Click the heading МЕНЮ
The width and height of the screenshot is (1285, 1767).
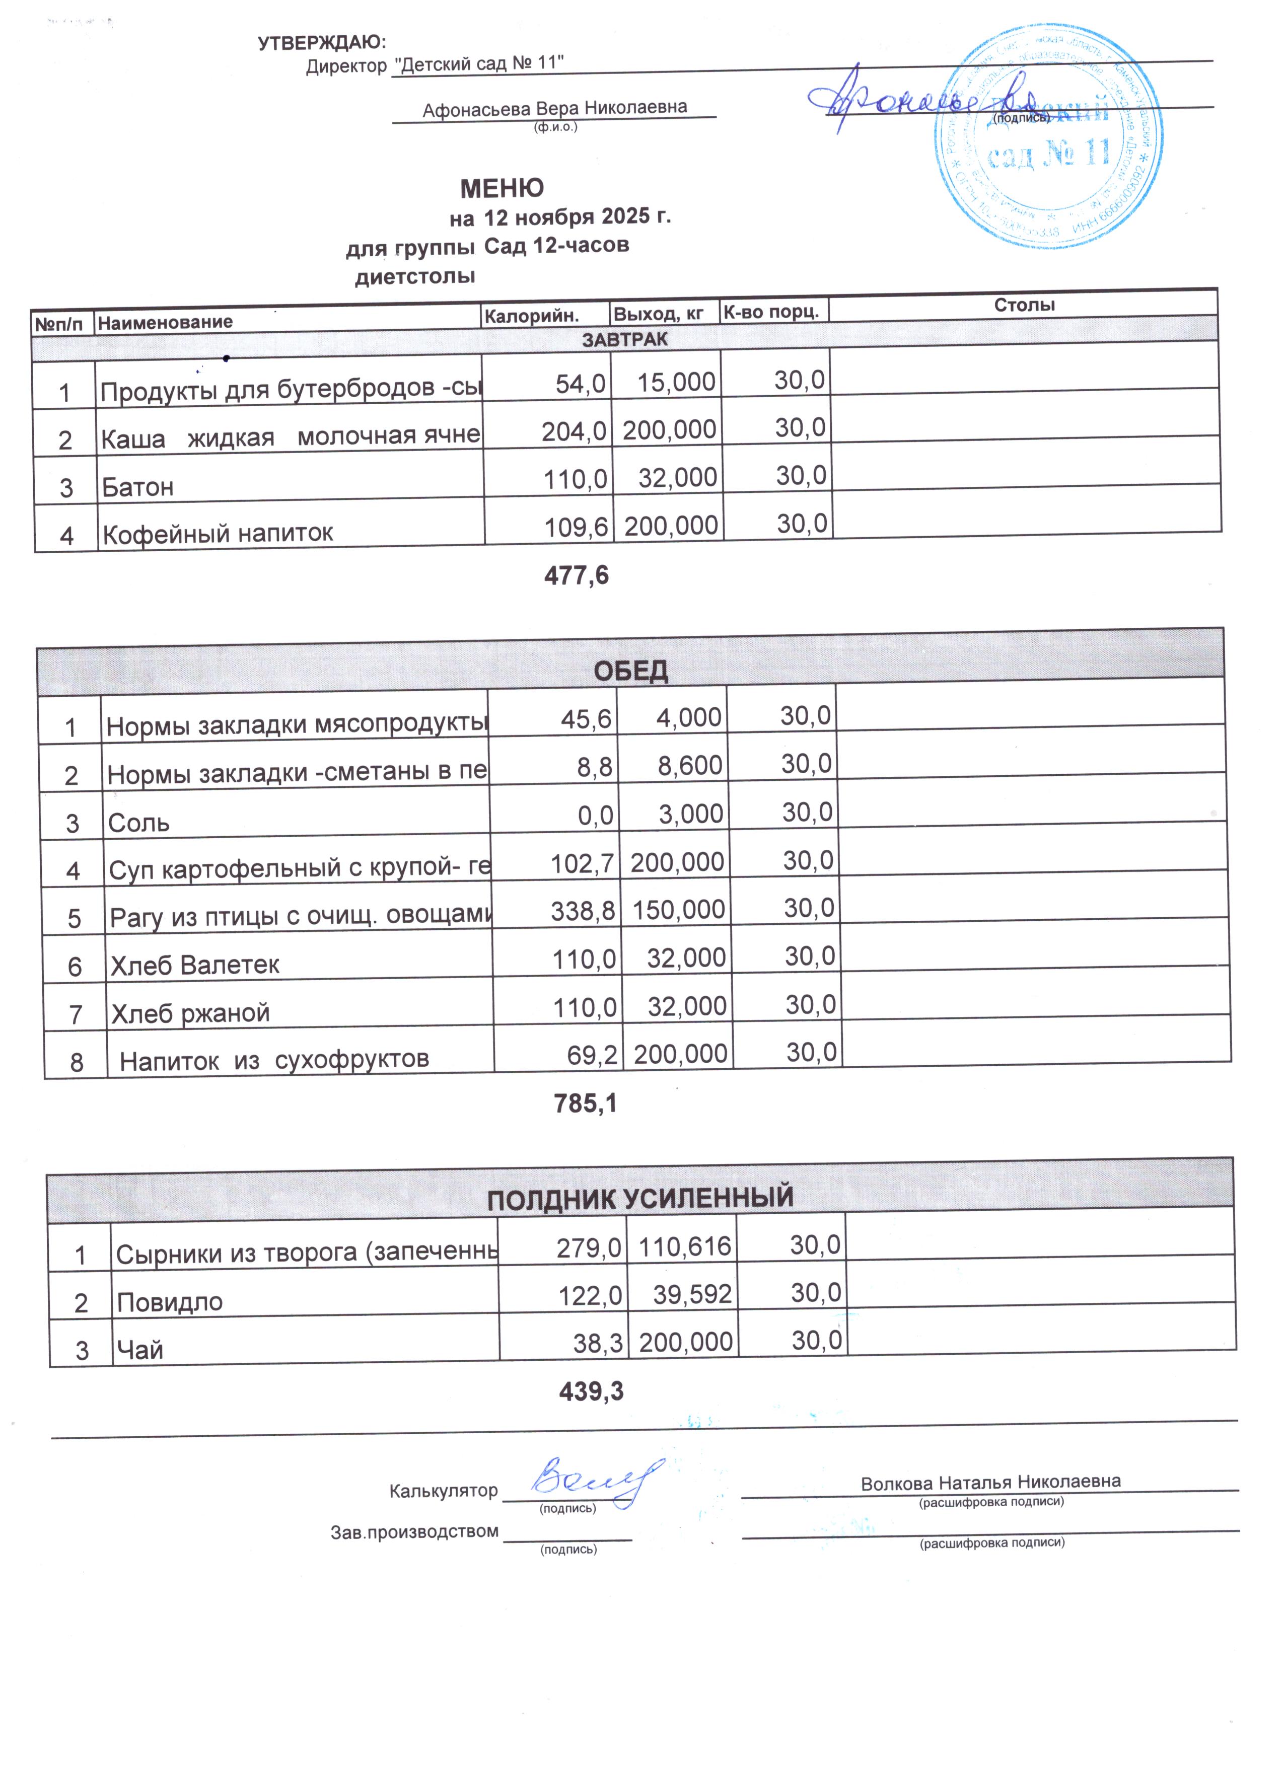pyautogui.click(x=502, y=188)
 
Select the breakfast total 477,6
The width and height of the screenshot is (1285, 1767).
pyautogui.click(x=576, y=576)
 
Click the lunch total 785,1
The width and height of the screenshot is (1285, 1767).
pyautogui.click(x=585, y=1103)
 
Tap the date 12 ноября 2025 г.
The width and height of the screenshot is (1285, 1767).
pyautogui.click(x=577, y=216)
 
